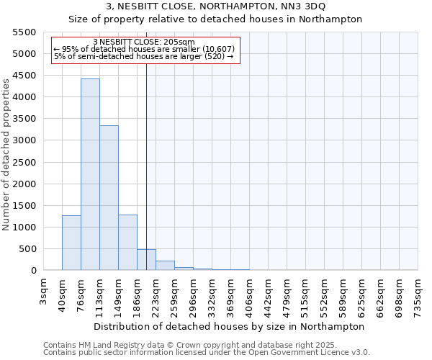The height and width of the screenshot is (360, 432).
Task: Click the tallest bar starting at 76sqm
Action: (90, 174)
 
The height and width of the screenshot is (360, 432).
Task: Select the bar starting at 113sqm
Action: (109, 198)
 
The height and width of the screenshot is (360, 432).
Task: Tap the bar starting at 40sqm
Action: (71, 243)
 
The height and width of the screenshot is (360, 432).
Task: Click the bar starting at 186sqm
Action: (146, 259)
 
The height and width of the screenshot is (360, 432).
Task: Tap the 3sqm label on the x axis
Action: (44, 292)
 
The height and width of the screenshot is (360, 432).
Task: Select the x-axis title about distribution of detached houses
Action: (230, 326)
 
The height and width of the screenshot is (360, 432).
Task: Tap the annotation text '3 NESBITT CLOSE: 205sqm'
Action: (144, 42)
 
